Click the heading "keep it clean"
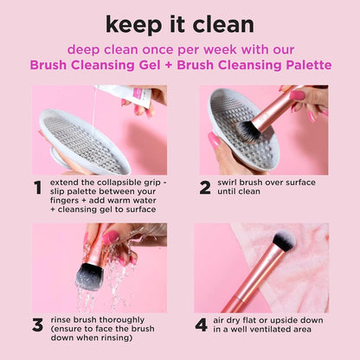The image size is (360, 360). [x=180, y=23]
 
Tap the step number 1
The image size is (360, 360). [x=36, y=188]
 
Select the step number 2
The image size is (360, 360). [x=205, y=188]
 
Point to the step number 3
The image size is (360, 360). [x=37, y=325]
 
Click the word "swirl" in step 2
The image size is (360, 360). [x=235, y=184]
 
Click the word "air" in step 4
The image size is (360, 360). [x=227, y=321]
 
